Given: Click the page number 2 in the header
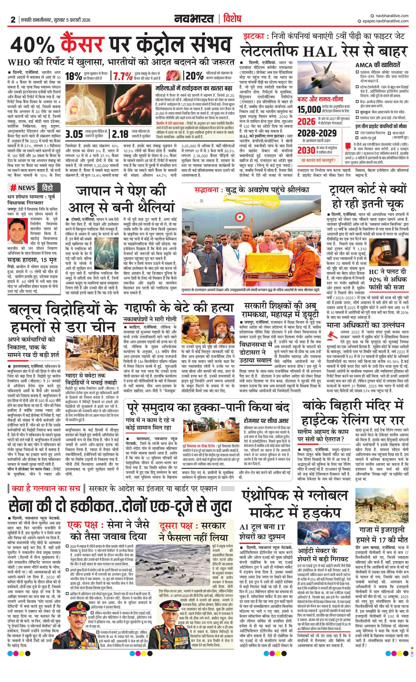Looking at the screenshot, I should click(13, 20).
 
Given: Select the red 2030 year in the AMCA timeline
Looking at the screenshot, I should click(306, 150).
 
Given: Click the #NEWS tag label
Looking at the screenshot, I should click(23, 188).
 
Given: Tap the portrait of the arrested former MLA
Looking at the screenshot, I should click(16, 230).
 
